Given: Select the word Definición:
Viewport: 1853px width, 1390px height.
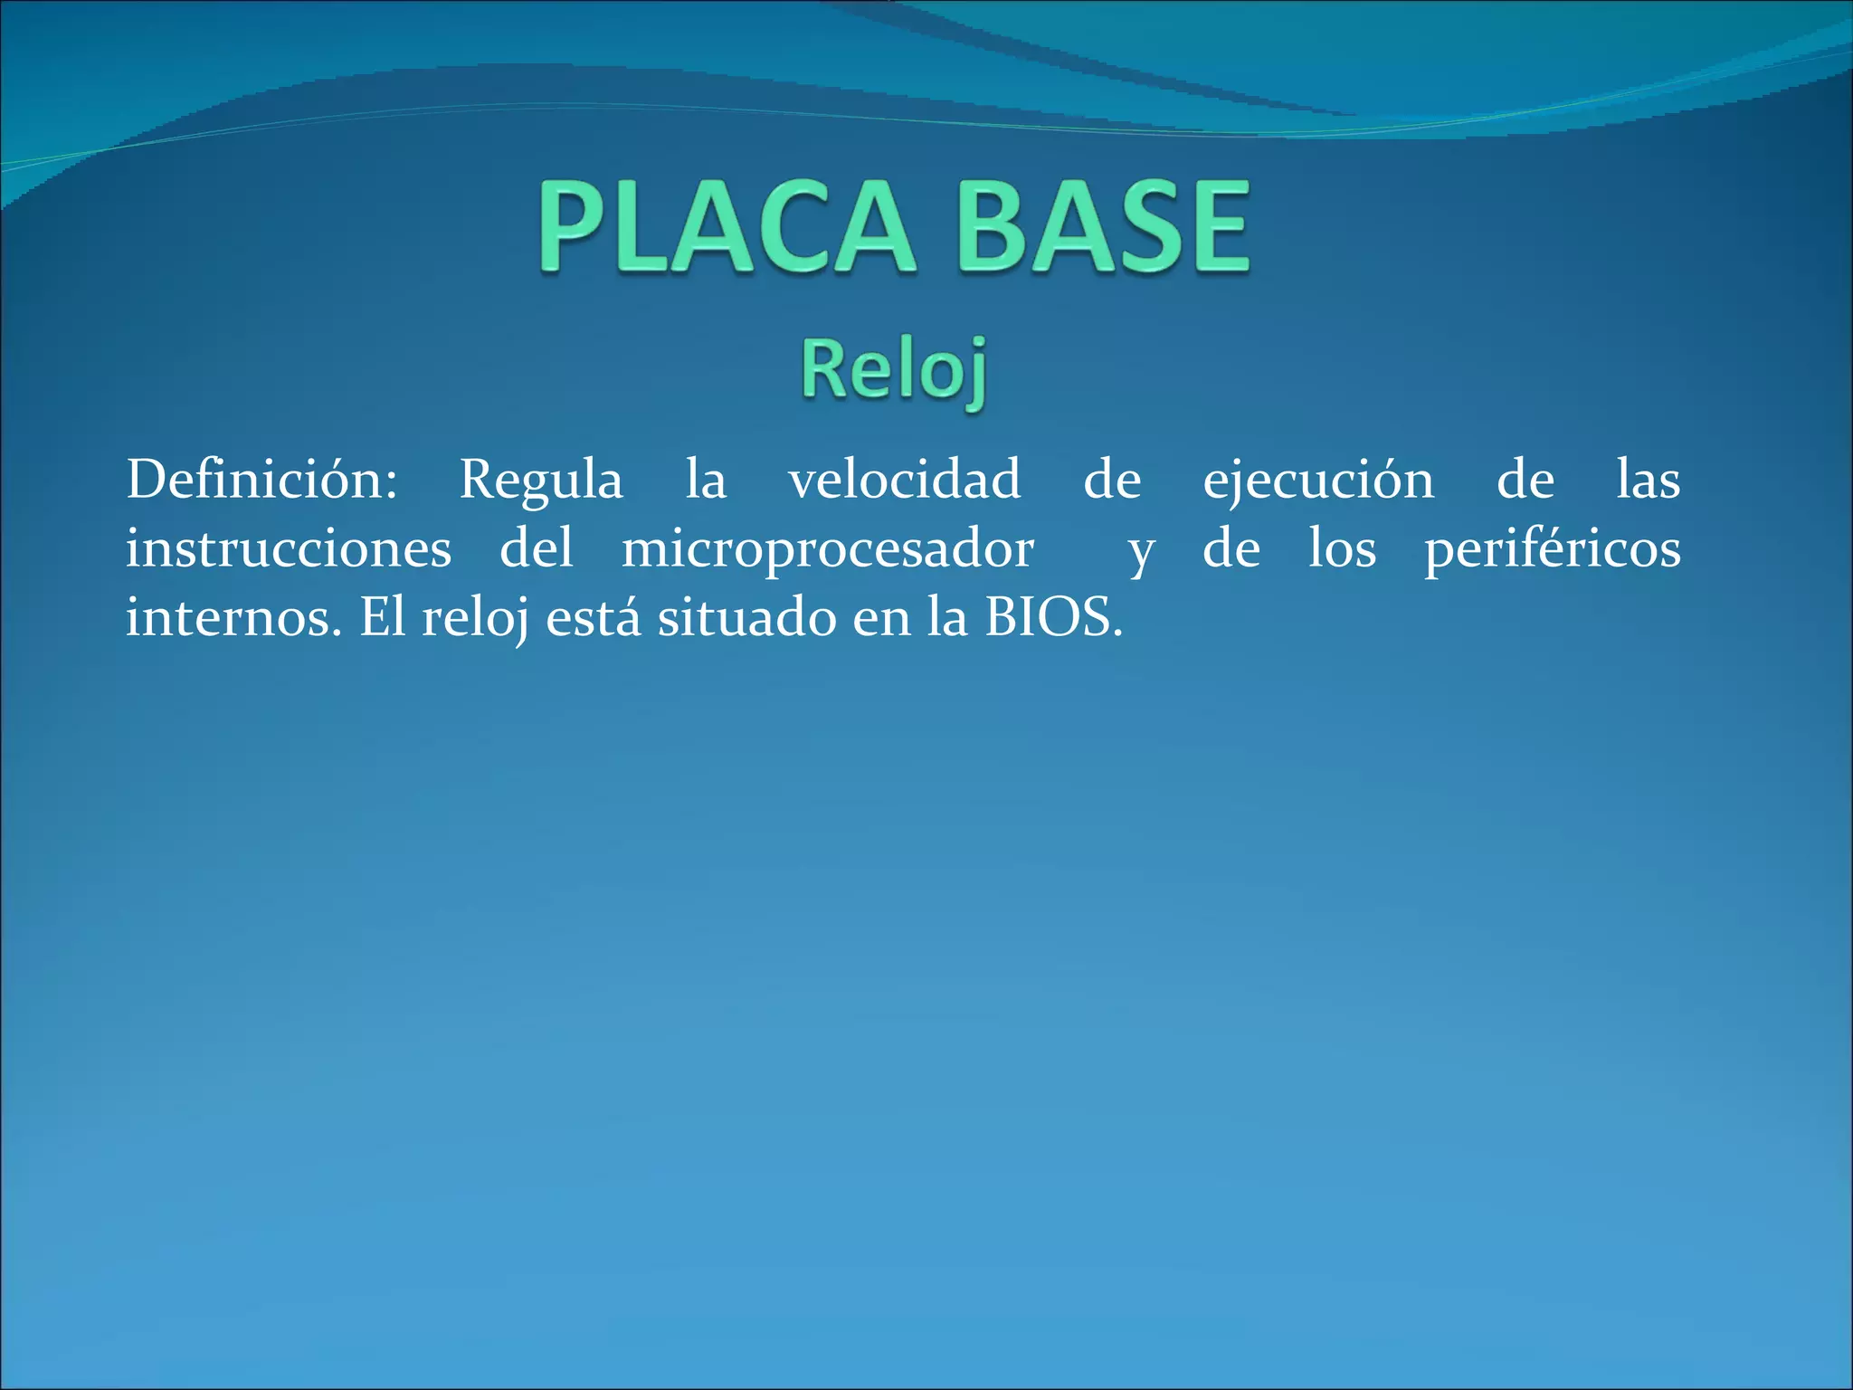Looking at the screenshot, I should tap(261, 480).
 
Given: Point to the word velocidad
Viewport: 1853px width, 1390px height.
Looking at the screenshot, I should tap(904, 480).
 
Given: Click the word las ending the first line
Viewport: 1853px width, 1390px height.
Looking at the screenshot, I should tap(1648, 480).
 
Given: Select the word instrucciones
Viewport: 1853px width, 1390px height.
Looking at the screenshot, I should tap(288, 549).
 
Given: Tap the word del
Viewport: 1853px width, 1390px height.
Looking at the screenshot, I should tap(537, 549).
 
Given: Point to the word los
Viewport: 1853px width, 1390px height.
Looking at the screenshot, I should tap(1343, 549).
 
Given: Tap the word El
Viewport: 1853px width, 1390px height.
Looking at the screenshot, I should tap(383, 619).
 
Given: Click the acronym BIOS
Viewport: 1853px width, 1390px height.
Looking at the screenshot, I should tap(1053, 619).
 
